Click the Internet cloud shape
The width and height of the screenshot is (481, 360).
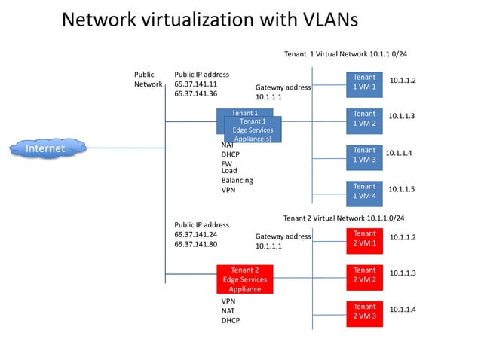46,148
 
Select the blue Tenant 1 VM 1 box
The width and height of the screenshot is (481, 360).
364,83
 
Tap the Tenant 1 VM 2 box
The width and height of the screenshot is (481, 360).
364,119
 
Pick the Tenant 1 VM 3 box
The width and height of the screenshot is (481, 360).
364,155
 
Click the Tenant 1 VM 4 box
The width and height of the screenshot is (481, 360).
364,191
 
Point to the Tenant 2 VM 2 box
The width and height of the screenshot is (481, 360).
364,275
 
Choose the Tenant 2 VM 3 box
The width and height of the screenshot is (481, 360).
364,312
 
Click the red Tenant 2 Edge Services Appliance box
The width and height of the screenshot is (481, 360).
245,279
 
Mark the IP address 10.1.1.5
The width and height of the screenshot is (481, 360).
402,189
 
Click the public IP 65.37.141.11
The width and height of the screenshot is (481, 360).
195,84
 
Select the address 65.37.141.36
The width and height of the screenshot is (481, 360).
195,94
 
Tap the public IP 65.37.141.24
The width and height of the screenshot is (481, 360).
195,234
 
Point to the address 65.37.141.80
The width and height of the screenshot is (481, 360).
195,244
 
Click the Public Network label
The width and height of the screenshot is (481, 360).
148,80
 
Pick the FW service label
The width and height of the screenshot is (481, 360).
226,163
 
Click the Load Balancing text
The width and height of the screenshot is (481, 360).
237,175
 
